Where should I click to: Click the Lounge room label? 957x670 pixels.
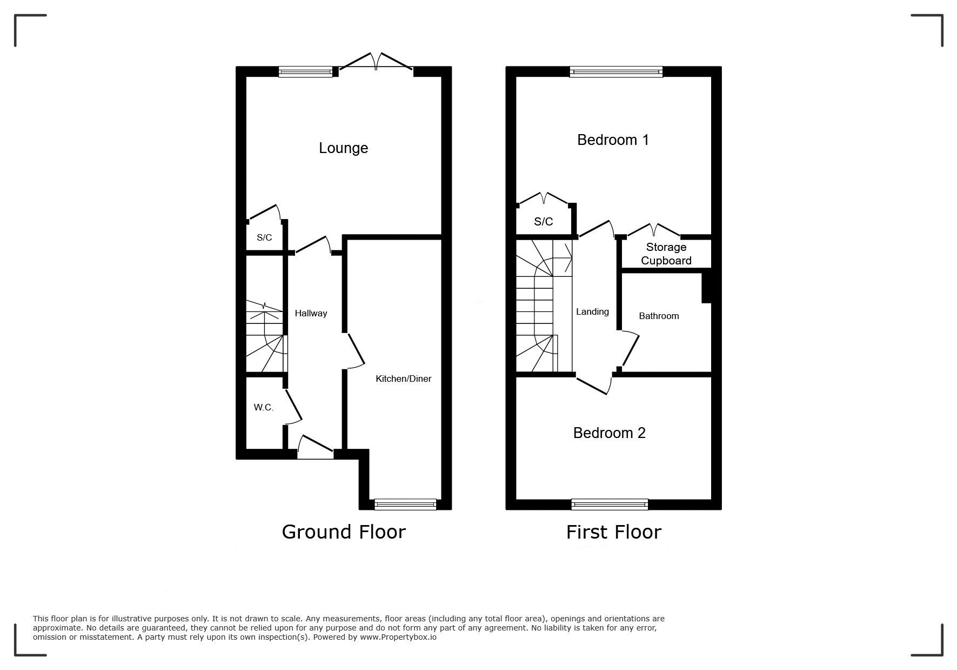(343, 148)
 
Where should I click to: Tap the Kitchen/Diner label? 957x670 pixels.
(404, 379)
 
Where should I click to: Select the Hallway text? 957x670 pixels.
(311, 313)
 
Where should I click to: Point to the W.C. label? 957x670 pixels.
(264, 407)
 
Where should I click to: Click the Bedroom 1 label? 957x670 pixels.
(613, 140)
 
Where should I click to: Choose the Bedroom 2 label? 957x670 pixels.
(609, 433)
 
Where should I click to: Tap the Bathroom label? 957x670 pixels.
(659, 316)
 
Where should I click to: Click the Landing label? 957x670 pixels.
(592, 312)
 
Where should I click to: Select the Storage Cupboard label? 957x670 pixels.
(666, 254)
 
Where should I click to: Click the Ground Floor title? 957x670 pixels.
(344, 532)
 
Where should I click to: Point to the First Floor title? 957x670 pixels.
(613, 532)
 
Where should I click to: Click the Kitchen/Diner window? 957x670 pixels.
(405, 504)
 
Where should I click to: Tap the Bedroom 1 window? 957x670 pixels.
(616, 71)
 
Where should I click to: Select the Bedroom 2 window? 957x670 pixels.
(610, 504)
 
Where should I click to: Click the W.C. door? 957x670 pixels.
(292, 406)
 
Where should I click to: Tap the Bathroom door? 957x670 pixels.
(628, 350)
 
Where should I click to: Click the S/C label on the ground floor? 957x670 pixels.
(264, 237)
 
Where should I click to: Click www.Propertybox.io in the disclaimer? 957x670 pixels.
(398, 637)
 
